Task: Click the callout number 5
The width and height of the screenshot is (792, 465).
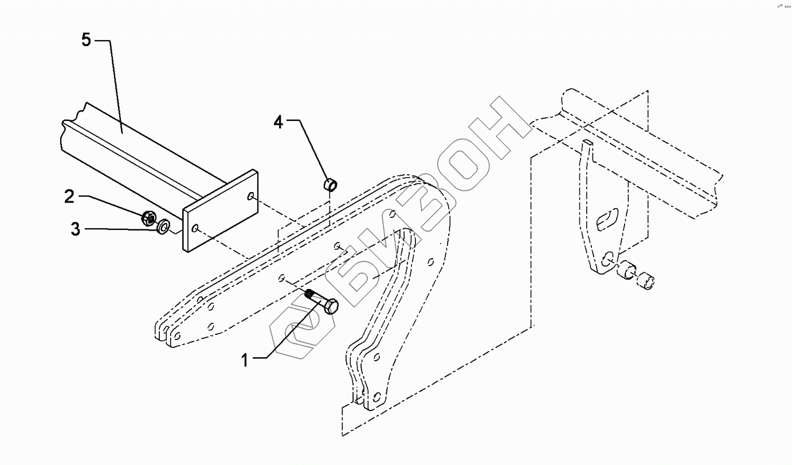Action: coord(86,41)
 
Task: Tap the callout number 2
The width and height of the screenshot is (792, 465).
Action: coord(69,197)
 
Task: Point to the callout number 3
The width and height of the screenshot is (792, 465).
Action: coord(76,229)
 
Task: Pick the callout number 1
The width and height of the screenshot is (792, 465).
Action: coord(245,360)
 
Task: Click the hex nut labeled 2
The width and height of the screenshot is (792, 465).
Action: coord(148,217)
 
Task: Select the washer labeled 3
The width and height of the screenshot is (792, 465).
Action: coord(163,228)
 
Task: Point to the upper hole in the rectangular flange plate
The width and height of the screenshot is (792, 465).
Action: coord(251,197)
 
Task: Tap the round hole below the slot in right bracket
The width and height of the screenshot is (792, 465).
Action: coord(609,257)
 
